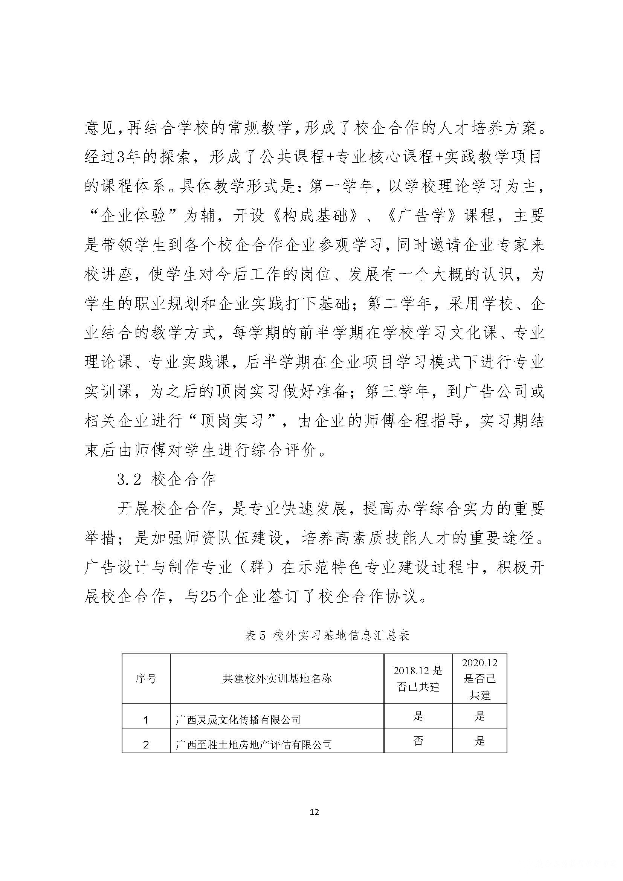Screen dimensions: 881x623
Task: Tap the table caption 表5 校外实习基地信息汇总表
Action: tap(327, 635)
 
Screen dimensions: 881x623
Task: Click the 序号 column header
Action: tap(146, 679)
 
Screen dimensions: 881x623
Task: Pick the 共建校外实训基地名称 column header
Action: tap(276, 679)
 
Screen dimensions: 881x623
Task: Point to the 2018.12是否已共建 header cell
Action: tap(418, 679)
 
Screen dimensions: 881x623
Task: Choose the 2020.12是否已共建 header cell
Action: tap(479, 679)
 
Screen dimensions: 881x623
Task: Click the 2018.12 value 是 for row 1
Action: tap(418, 716)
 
